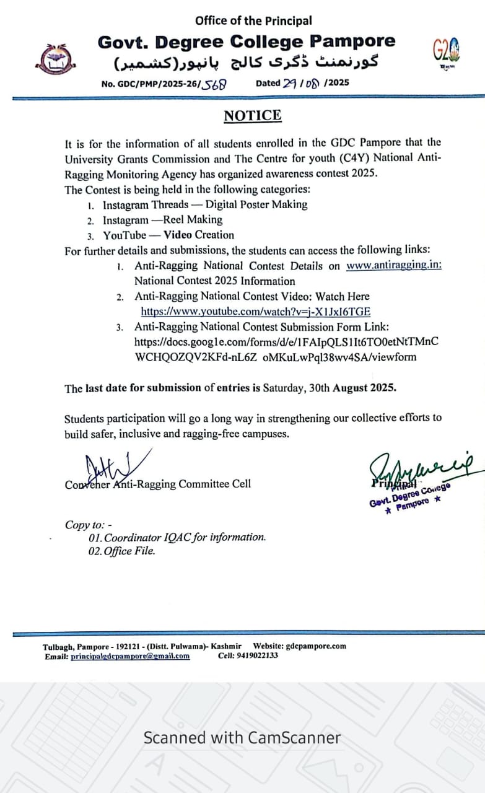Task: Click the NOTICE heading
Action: point(252,116)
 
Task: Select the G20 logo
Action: point(446,51)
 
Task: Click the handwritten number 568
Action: point(215,84)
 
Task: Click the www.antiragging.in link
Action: point(394,266)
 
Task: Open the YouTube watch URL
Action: point(255,312)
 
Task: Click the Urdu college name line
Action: point(246,63)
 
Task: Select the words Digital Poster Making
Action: point(256,204)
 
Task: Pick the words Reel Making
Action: point(193,219)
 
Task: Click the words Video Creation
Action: point(199,235)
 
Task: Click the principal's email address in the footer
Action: point(130,655)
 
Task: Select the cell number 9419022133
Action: point(256,655)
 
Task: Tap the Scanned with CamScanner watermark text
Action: point(242,738)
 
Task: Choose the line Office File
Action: point(122,551)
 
